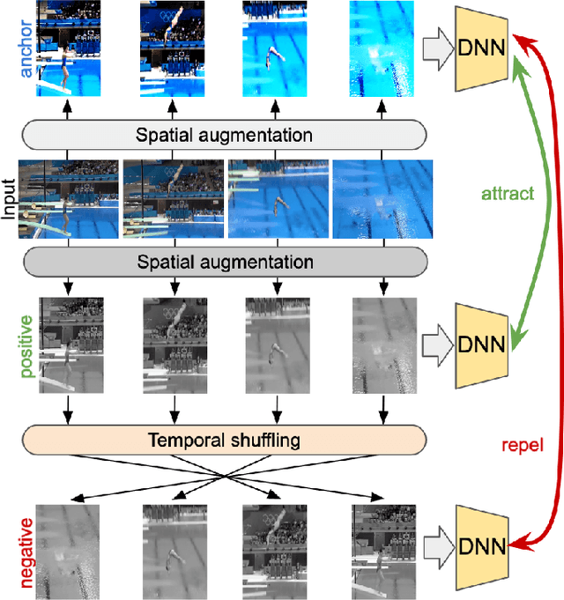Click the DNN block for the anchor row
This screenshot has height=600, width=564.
click(481, 48)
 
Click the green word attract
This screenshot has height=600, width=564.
click(508, 194)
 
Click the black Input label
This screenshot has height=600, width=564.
click(10, 198)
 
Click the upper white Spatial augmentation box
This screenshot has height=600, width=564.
click(224, 136)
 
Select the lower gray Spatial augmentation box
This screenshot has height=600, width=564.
click(224, 262)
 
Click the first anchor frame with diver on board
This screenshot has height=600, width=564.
click(69, 48)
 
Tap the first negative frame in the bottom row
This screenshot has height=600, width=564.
click(68, 547)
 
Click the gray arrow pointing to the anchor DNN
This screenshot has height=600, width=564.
click(435, 48)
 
